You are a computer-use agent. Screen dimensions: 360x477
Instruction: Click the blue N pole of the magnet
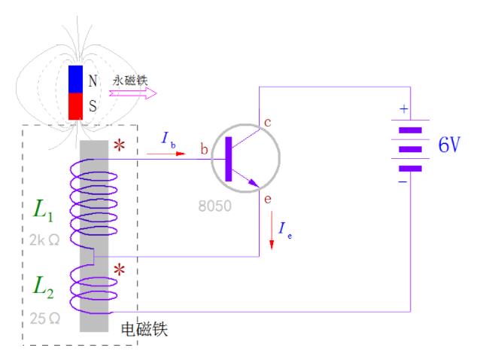point(75,79)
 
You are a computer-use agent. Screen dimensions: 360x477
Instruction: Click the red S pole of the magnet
point(75,106)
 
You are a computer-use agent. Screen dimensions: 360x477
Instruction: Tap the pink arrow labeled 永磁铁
point(133,93)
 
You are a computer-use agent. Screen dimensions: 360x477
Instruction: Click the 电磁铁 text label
point(147,329)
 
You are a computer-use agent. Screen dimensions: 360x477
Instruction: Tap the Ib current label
point(169,138)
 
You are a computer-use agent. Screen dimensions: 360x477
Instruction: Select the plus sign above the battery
point(403,109)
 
